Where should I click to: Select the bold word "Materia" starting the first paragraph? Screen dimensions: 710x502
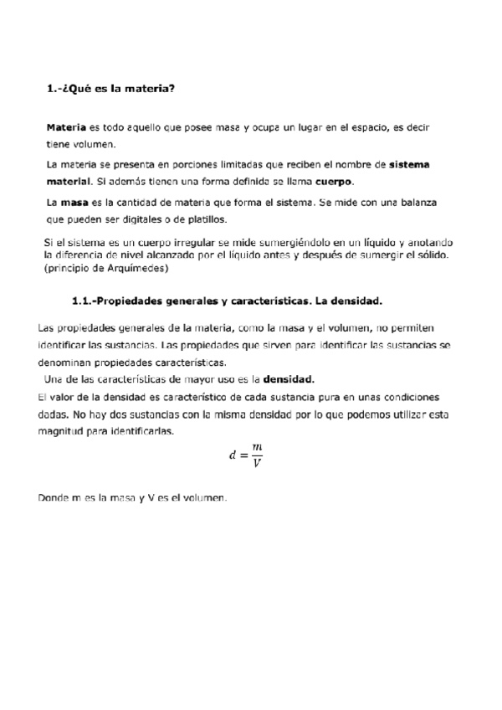click(x=66, y=128)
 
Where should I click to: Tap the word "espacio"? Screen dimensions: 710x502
click(x=369, y=128)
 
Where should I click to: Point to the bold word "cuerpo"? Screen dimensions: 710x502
click(x=334, y=182)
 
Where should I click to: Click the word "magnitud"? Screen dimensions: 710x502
click(x=65, y=430)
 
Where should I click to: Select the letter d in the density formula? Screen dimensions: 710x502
click(x=233, y=456)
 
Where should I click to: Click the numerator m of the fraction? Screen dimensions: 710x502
click(x=257, y=449)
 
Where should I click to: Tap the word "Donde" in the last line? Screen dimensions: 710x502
click(x=54, y=498)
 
